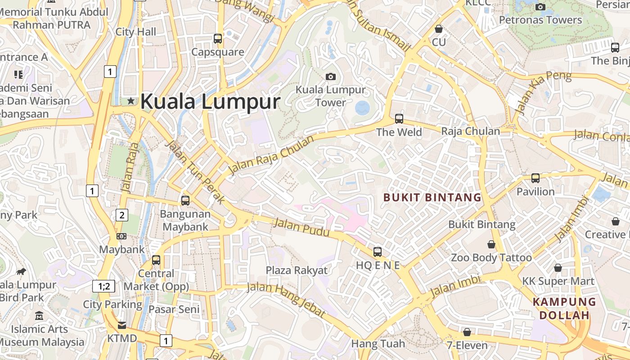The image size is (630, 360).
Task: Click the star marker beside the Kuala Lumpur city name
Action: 131,101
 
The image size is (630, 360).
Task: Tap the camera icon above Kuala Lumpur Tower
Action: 331,76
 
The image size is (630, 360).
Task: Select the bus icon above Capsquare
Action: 218,39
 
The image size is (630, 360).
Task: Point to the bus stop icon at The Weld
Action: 399,119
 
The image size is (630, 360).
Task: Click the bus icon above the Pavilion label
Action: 535,178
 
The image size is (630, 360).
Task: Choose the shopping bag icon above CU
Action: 439,29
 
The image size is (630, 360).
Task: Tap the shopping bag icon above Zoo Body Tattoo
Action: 491,244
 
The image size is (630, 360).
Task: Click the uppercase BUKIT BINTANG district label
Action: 432,197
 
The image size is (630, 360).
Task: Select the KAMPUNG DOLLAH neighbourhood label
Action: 564,308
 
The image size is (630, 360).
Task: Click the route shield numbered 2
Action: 121,215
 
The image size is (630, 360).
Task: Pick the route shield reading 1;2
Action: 103,286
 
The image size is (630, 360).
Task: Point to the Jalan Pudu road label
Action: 301,228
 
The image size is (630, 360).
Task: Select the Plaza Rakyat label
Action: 297,270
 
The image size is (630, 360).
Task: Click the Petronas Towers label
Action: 540,20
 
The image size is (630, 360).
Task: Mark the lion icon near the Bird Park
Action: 21,271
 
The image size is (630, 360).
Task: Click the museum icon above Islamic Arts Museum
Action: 39,316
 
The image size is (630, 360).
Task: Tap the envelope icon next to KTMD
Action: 122,325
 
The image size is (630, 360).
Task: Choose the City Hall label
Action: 136,31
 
